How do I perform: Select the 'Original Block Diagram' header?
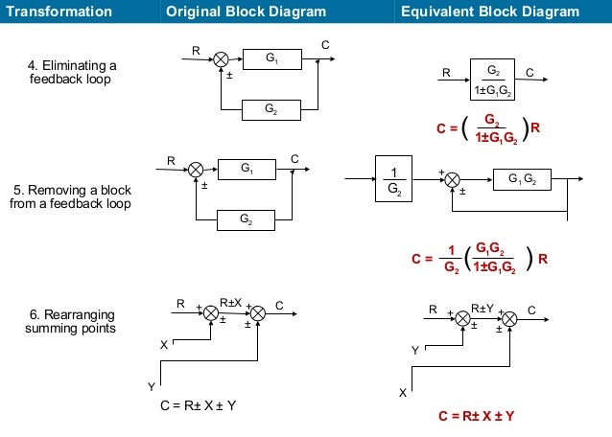pyautogui.click(x=246, y=11)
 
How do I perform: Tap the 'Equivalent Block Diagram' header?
pyautogui.click(x=489, y=11)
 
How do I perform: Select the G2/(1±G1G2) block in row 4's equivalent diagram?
pyautogui.click(x=494, y=80)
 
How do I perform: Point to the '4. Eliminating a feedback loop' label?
pyautogui.click(x=71, y=72)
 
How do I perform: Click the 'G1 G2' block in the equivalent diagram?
pyautogui.click(x=523, y=178)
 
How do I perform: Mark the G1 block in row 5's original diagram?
pyautogui.click(x=247, y=170)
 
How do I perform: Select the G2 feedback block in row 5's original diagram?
pyautogui.click(x=247, y=219)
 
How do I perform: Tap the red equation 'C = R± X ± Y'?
pyautogui.click(x=476, y=416)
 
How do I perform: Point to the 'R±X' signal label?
pyautogui.click(x=231, y=303)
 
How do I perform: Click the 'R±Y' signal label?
pyautogui.click(x=483, y=308)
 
